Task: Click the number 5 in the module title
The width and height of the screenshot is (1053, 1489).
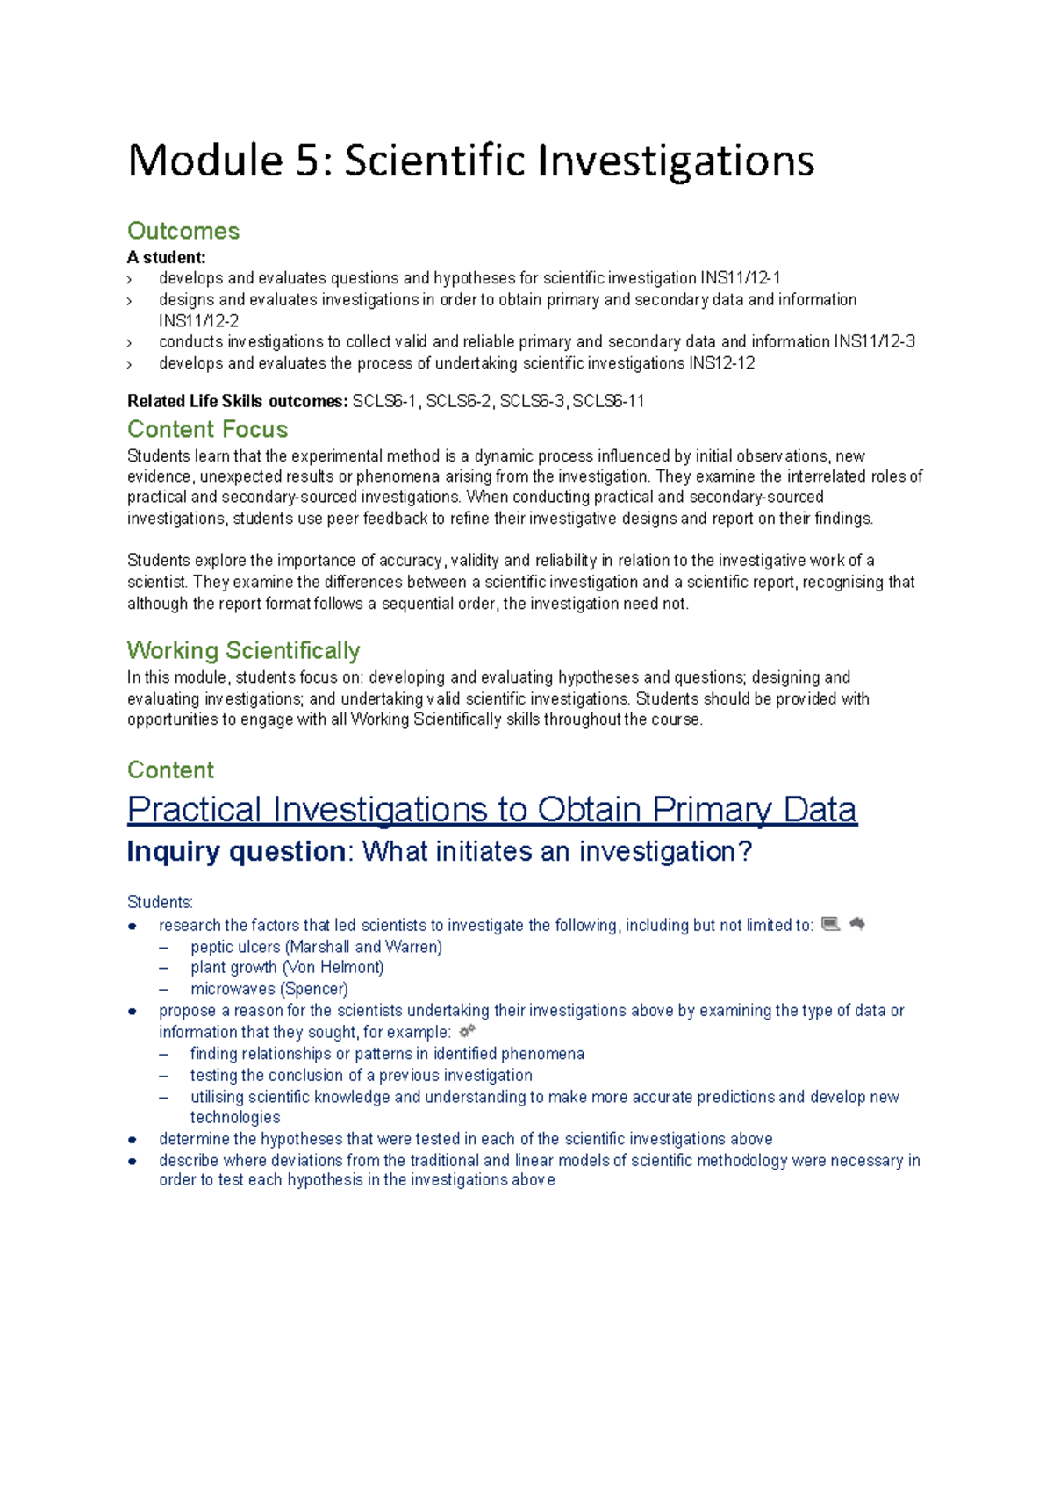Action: [x=309, y=161]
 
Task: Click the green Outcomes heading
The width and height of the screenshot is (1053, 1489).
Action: [x=183, y=231]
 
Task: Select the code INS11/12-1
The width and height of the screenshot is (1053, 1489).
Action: [x=740, y=278]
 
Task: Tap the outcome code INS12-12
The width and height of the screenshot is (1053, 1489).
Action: [x=721, y=363]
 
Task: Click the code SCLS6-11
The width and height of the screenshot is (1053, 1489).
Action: [x=608, y=402]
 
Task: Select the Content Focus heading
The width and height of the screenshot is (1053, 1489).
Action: [x=207, y=429]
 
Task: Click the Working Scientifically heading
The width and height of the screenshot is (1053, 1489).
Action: [x=243, y=650]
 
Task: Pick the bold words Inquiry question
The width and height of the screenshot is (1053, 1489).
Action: [x=236, y=851]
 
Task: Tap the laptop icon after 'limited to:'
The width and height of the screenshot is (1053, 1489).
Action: [x=830, y=924]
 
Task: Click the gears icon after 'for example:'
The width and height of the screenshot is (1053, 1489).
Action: [x=467, y=1031]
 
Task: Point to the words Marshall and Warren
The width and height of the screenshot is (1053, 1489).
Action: [x=363, y=947]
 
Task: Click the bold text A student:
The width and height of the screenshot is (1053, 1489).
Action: [x=166, y=257]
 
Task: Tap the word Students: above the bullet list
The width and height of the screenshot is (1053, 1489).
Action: [x=160, y=902]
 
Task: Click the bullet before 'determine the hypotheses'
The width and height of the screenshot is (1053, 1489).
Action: [x=133, y=1140]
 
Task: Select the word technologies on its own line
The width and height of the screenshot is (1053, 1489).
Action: [x=235, y=1117]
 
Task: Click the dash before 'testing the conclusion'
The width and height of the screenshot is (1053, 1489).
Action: [x=163, y=1076]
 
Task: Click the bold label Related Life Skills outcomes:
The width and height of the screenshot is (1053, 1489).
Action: [x=237, y=402]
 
